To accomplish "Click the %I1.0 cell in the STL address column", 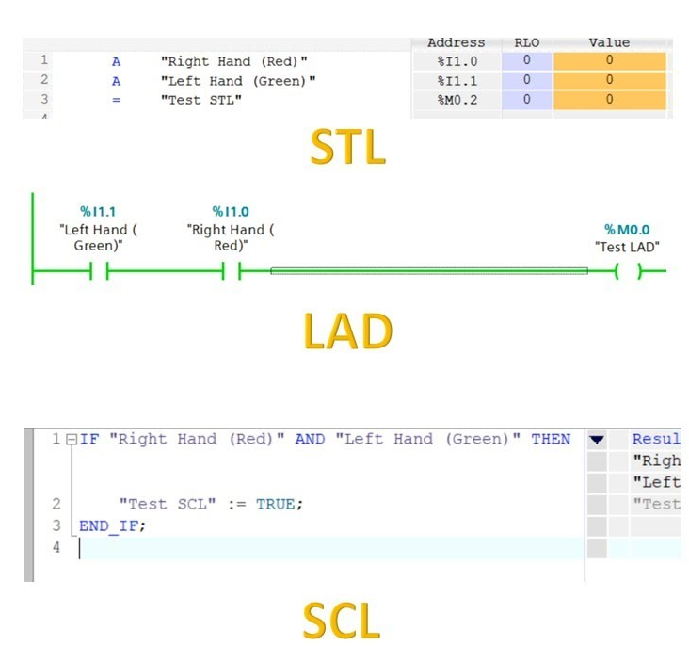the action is point(457,61).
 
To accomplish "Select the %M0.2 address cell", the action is point(457,100).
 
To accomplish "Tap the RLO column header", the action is point(527,42).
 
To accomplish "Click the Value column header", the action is point(610,42).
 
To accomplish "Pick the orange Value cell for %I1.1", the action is point(610,80).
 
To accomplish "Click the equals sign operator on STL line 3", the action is point(116,100).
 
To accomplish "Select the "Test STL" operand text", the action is point(201,100).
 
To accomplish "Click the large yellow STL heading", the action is point(347,147).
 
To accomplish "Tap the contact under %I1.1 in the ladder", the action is point(99,271).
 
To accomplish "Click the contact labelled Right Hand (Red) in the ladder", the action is point(232,271).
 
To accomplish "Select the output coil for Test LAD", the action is point(629,271).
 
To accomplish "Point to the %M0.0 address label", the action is point(627,230).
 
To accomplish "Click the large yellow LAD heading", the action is point(347,331).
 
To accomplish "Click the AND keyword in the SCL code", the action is point(310,439).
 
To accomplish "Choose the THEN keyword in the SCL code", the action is point(551,439).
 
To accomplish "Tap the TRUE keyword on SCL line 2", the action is point(276,504).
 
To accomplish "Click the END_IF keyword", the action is point(109,526).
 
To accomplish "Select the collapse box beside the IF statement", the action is point(72,440).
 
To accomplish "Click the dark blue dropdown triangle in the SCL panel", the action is point(597,440).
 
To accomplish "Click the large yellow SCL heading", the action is point(342,621).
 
